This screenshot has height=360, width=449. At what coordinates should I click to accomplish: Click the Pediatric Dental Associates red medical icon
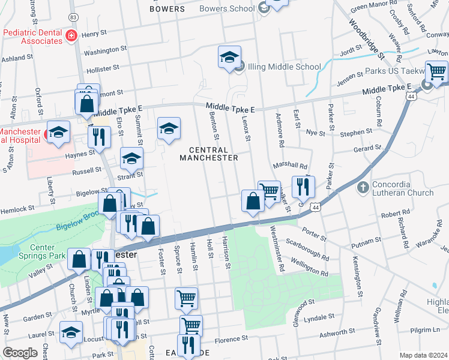pyautogui.click(x=71, y=35)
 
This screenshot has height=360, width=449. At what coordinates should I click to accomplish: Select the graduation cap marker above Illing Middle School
pyautogui.click(x=229, y=58)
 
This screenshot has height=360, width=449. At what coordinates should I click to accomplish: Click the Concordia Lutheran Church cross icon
pyautogui.click(x=362, y=188)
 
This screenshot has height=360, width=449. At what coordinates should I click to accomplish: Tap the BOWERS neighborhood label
pyautogui.click(x=167, y=9)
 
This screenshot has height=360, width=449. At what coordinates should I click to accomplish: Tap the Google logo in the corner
pyautogui.click(x=20, y=353)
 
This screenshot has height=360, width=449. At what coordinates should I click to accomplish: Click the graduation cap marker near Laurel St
pyautogui.click(x=71, y=333)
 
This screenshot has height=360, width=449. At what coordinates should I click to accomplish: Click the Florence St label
pyautogui.click(x=231, y=339)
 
